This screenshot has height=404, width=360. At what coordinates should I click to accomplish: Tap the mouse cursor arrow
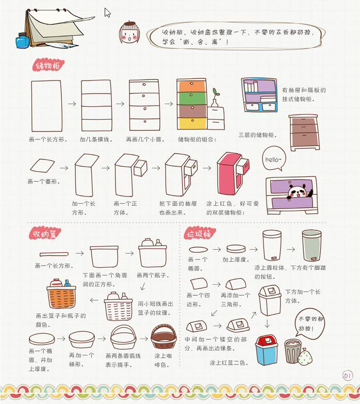click(x=107, y=12)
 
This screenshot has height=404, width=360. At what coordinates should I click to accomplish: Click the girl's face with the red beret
click(x=129, y=33)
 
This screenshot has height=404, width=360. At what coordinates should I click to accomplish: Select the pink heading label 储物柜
click(x=48, y=66)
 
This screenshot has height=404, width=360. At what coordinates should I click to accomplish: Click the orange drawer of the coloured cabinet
click(x=191, y=86)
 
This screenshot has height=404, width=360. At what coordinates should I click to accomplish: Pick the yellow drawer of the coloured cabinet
click(x=192, y=123)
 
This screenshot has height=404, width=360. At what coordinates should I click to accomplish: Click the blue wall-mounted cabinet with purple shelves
click(x=259, y=95)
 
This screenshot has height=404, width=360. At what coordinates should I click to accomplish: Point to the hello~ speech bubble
click(x=274, y=159)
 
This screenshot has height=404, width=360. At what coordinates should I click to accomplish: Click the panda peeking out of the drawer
click(x=299, y=192)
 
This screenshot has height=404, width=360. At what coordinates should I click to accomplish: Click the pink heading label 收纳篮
click(x=45, y=234)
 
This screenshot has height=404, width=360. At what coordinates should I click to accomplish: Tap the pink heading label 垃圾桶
click(x=199, y=234)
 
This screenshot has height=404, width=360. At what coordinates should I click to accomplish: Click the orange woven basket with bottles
click(x=61, y=294)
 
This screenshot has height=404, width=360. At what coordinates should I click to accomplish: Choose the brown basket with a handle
click(x=163, y=336)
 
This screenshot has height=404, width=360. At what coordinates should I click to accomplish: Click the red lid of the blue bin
click(x=267, y=341)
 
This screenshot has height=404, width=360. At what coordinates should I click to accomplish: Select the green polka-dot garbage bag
click(x=305, y=357)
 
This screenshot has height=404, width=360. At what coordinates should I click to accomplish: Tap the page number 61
click(x=348, y=375)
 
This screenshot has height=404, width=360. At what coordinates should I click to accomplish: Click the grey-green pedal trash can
click(x=312, y=246)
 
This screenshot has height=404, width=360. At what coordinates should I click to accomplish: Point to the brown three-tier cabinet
click(x=304, y=133)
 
